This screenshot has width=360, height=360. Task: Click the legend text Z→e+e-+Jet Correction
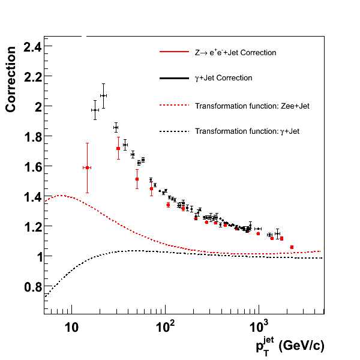[236, 53]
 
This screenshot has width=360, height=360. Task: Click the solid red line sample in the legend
[175, 53]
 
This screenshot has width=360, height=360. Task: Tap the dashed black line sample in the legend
[175, 131]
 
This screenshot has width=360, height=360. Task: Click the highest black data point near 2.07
[103, 95]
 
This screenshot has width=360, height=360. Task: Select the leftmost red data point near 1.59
[87, 168]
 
